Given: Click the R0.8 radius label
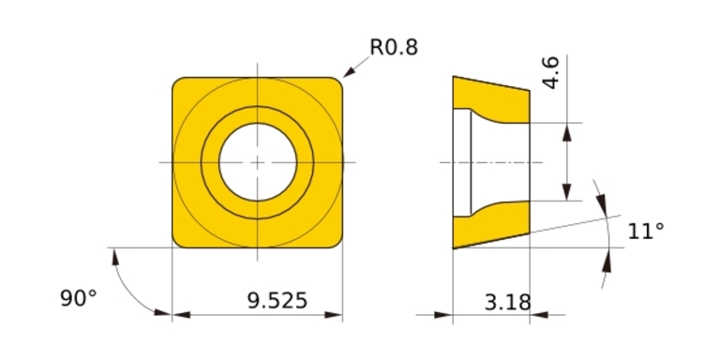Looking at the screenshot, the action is point(394,47).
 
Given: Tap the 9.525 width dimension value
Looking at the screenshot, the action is point(277,301).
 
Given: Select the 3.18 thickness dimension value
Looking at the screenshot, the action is point(507,302).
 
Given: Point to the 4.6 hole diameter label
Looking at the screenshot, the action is point(549,72).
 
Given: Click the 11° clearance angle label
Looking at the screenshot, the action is point(646,231).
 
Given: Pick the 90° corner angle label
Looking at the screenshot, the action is point(79,298).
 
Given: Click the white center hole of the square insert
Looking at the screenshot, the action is point(258,162).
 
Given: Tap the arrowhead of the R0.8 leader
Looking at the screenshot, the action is point(349,72).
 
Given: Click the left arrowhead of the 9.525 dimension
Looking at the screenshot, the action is point(181,315).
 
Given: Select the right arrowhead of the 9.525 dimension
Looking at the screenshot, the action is point(334,315).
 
